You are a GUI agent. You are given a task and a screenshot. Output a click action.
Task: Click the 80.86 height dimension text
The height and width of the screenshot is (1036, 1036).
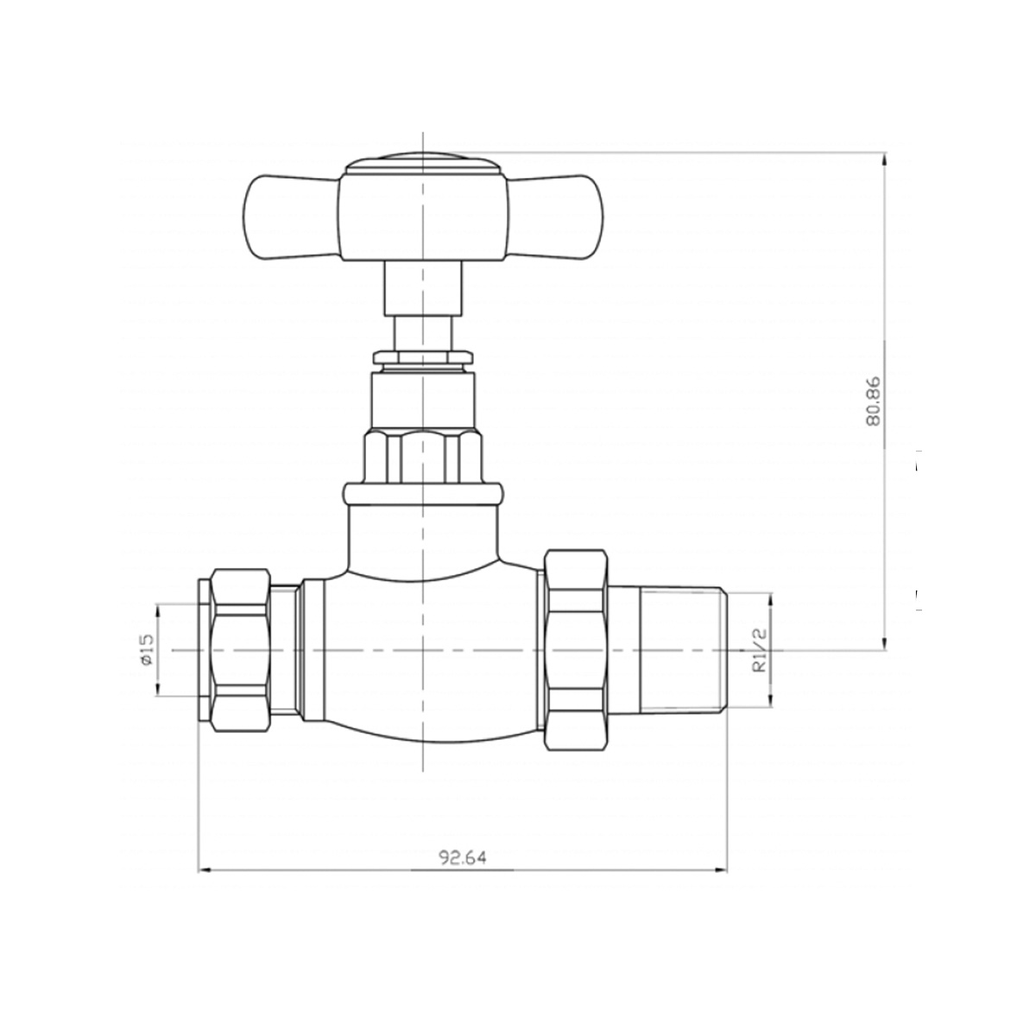(873, 401)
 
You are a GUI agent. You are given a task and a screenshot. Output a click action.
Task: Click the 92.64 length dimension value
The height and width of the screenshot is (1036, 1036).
(463, 857)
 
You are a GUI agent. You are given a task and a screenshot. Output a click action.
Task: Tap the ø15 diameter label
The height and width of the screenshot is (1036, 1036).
(146, 651)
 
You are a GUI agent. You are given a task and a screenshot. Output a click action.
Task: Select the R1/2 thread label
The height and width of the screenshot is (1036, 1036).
(759, 656)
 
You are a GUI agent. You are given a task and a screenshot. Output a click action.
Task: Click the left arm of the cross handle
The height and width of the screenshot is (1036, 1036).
(292, 215)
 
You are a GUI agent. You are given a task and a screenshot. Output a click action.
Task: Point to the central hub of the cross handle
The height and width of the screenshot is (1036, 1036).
(423, 218)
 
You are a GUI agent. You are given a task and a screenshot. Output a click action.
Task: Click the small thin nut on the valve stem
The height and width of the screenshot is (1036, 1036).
(423, 357)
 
